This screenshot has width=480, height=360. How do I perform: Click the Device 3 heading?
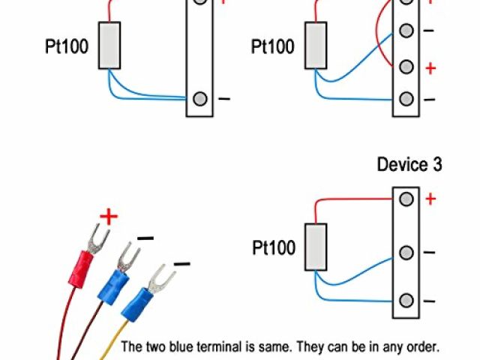(x=409, y=164)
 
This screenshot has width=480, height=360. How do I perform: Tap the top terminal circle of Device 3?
(x=406, y=199)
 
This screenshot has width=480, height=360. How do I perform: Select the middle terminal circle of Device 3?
(x=406, y=252)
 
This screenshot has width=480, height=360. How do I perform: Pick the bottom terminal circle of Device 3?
(x=406, y=301)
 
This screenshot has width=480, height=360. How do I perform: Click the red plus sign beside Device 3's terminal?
(x=430, y=199)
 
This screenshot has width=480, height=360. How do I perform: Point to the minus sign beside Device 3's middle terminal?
(x=430, y=253)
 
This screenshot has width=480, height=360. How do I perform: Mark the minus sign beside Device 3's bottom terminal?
(x=430, y=301)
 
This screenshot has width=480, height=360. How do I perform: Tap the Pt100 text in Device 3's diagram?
(x=273, y=247)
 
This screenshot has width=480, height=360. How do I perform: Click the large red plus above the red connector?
(x=109, y=218)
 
